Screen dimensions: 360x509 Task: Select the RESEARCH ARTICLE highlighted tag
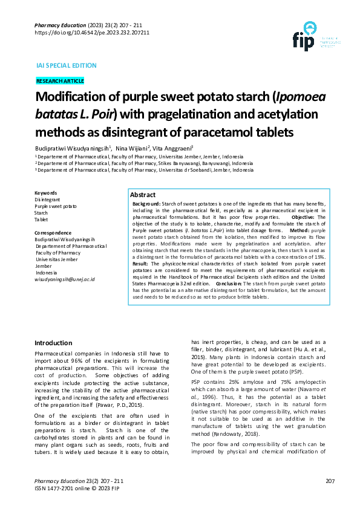60,81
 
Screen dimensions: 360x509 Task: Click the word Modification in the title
71,98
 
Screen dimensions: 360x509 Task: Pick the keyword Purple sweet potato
56,206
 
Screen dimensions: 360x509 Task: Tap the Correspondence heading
53,233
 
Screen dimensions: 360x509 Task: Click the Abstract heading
143,196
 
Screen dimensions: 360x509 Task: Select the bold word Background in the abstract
146,204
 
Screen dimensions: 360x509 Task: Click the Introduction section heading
54,343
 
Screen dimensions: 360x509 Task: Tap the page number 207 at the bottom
330,481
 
